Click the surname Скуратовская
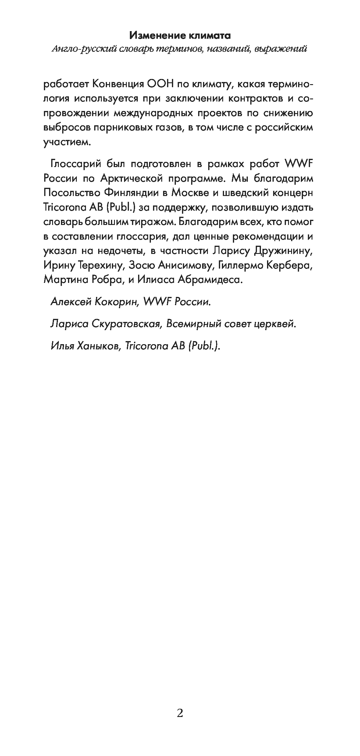coord(126,324)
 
